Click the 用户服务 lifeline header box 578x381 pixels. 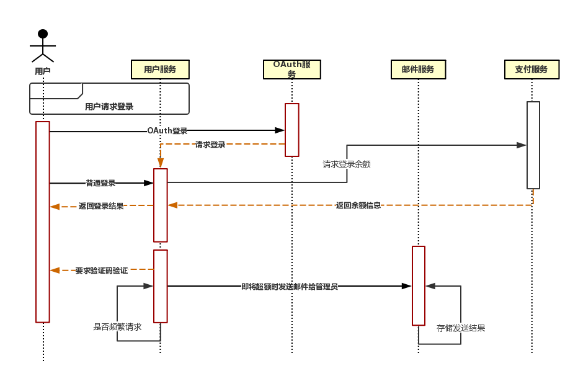[159, 69]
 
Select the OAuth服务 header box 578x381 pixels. [291, 69]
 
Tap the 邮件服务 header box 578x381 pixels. [418, 69]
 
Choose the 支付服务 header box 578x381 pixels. [531, 69]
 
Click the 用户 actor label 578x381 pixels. [42, 71]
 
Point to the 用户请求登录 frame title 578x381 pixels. [109, 107]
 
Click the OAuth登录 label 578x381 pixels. [167, 131]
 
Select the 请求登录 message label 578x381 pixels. [210, 145]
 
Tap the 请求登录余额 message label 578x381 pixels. [347, 164]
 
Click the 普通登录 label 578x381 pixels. [100, 183]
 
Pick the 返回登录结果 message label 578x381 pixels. [101, 206]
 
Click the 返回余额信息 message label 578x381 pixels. [358, 205]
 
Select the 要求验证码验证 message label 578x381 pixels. [102, 271]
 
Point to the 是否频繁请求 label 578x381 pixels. [117, 327]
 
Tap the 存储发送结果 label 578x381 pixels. [461, 328]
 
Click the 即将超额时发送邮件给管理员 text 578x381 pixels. [290, 287]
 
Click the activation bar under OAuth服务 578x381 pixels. [292, 130]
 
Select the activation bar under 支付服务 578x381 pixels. [533, 145]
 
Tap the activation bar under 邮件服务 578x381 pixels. [419, 285]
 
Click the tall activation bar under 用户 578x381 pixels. [43, 222]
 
